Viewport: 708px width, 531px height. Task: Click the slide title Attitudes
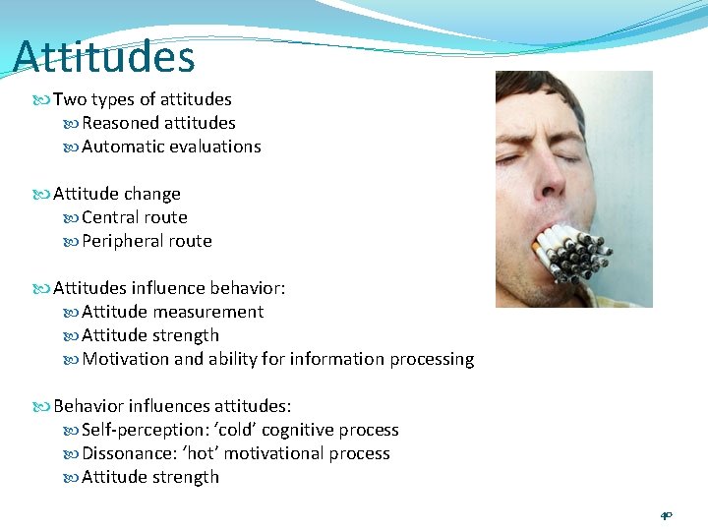[x=104, y=56]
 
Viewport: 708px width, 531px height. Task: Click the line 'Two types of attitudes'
[x=142, y=99]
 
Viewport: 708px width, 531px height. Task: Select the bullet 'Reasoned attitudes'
[x=158, y=123]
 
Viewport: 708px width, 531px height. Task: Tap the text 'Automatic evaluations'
[x=171, y=147]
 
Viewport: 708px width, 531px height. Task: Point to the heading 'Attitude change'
[x=116, y=194]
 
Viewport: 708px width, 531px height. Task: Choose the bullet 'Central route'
[x=134, y=217]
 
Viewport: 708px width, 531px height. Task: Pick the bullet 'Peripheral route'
[x=147, y=241]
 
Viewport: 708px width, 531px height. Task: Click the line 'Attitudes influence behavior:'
[x=169, y=288]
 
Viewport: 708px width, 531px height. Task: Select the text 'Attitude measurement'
[x=172, y=312]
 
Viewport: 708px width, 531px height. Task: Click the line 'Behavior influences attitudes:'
[x=172, y=406]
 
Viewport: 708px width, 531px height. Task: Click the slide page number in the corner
[x=666, y=514]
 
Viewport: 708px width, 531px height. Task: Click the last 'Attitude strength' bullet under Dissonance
[x=149, y=477]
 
